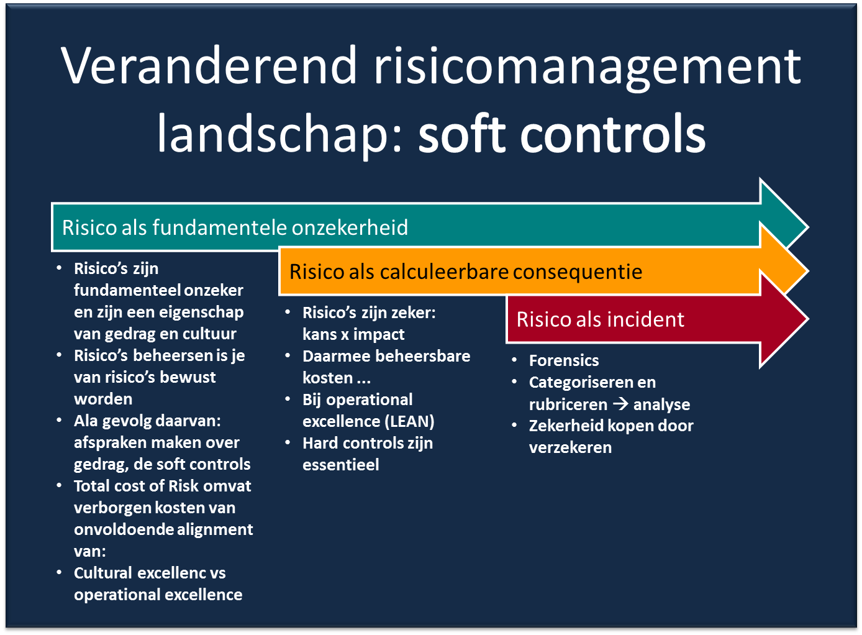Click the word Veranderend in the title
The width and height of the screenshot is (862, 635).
[x=209, y=65]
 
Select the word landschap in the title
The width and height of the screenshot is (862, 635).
[x=279, y=135]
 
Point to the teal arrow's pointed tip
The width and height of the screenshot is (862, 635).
[x=809, y=227]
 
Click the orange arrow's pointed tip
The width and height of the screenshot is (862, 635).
[x=809, y=272]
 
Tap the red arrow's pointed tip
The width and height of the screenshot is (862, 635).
[x=809, y=319]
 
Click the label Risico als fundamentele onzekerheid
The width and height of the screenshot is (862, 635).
[x=235, y=227]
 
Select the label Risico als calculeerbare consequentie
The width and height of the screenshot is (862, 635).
[x=466, y=272]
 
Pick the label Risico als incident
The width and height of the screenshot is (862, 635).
[x=601, y=319]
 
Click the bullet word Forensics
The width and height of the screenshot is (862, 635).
[x=564, y=361]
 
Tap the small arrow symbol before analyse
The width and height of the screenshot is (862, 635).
[x=620, y=404]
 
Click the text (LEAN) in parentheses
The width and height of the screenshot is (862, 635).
[x=410, y=421]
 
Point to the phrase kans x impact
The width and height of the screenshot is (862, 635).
[x=353, y=335]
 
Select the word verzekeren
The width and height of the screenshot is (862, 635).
[x=570, y=448]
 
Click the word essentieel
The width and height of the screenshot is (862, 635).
[x=340, y=465]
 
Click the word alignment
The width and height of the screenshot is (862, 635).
[x=215, y=530]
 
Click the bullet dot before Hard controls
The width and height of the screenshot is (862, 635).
[x=288, y=443]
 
